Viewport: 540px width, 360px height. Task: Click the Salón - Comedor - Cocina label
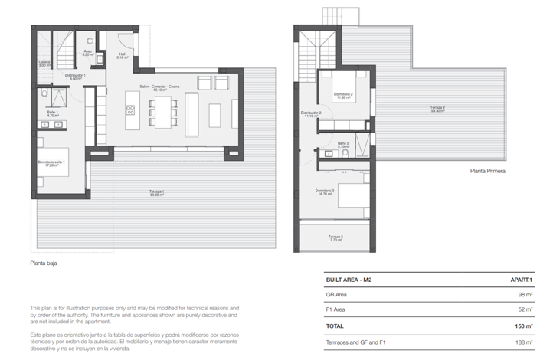159,88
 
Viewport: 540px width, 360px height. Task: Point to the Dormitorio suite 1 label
51,163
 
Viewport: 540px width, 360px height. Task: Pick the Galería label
44,64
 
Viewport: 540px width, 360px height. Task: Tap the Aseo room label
88,54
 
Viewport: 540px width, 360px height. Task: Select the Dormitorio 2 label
342,96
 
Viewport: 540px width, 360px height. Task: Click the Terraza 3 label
336,237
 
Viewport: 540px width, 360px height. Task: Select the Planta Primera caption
487,172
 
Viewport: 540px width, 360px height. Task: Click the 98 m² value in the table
525,295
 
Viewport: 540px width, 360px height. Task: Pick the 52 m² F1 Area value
525,309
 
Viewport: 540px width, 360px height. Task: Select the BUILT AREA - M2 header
349,280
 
